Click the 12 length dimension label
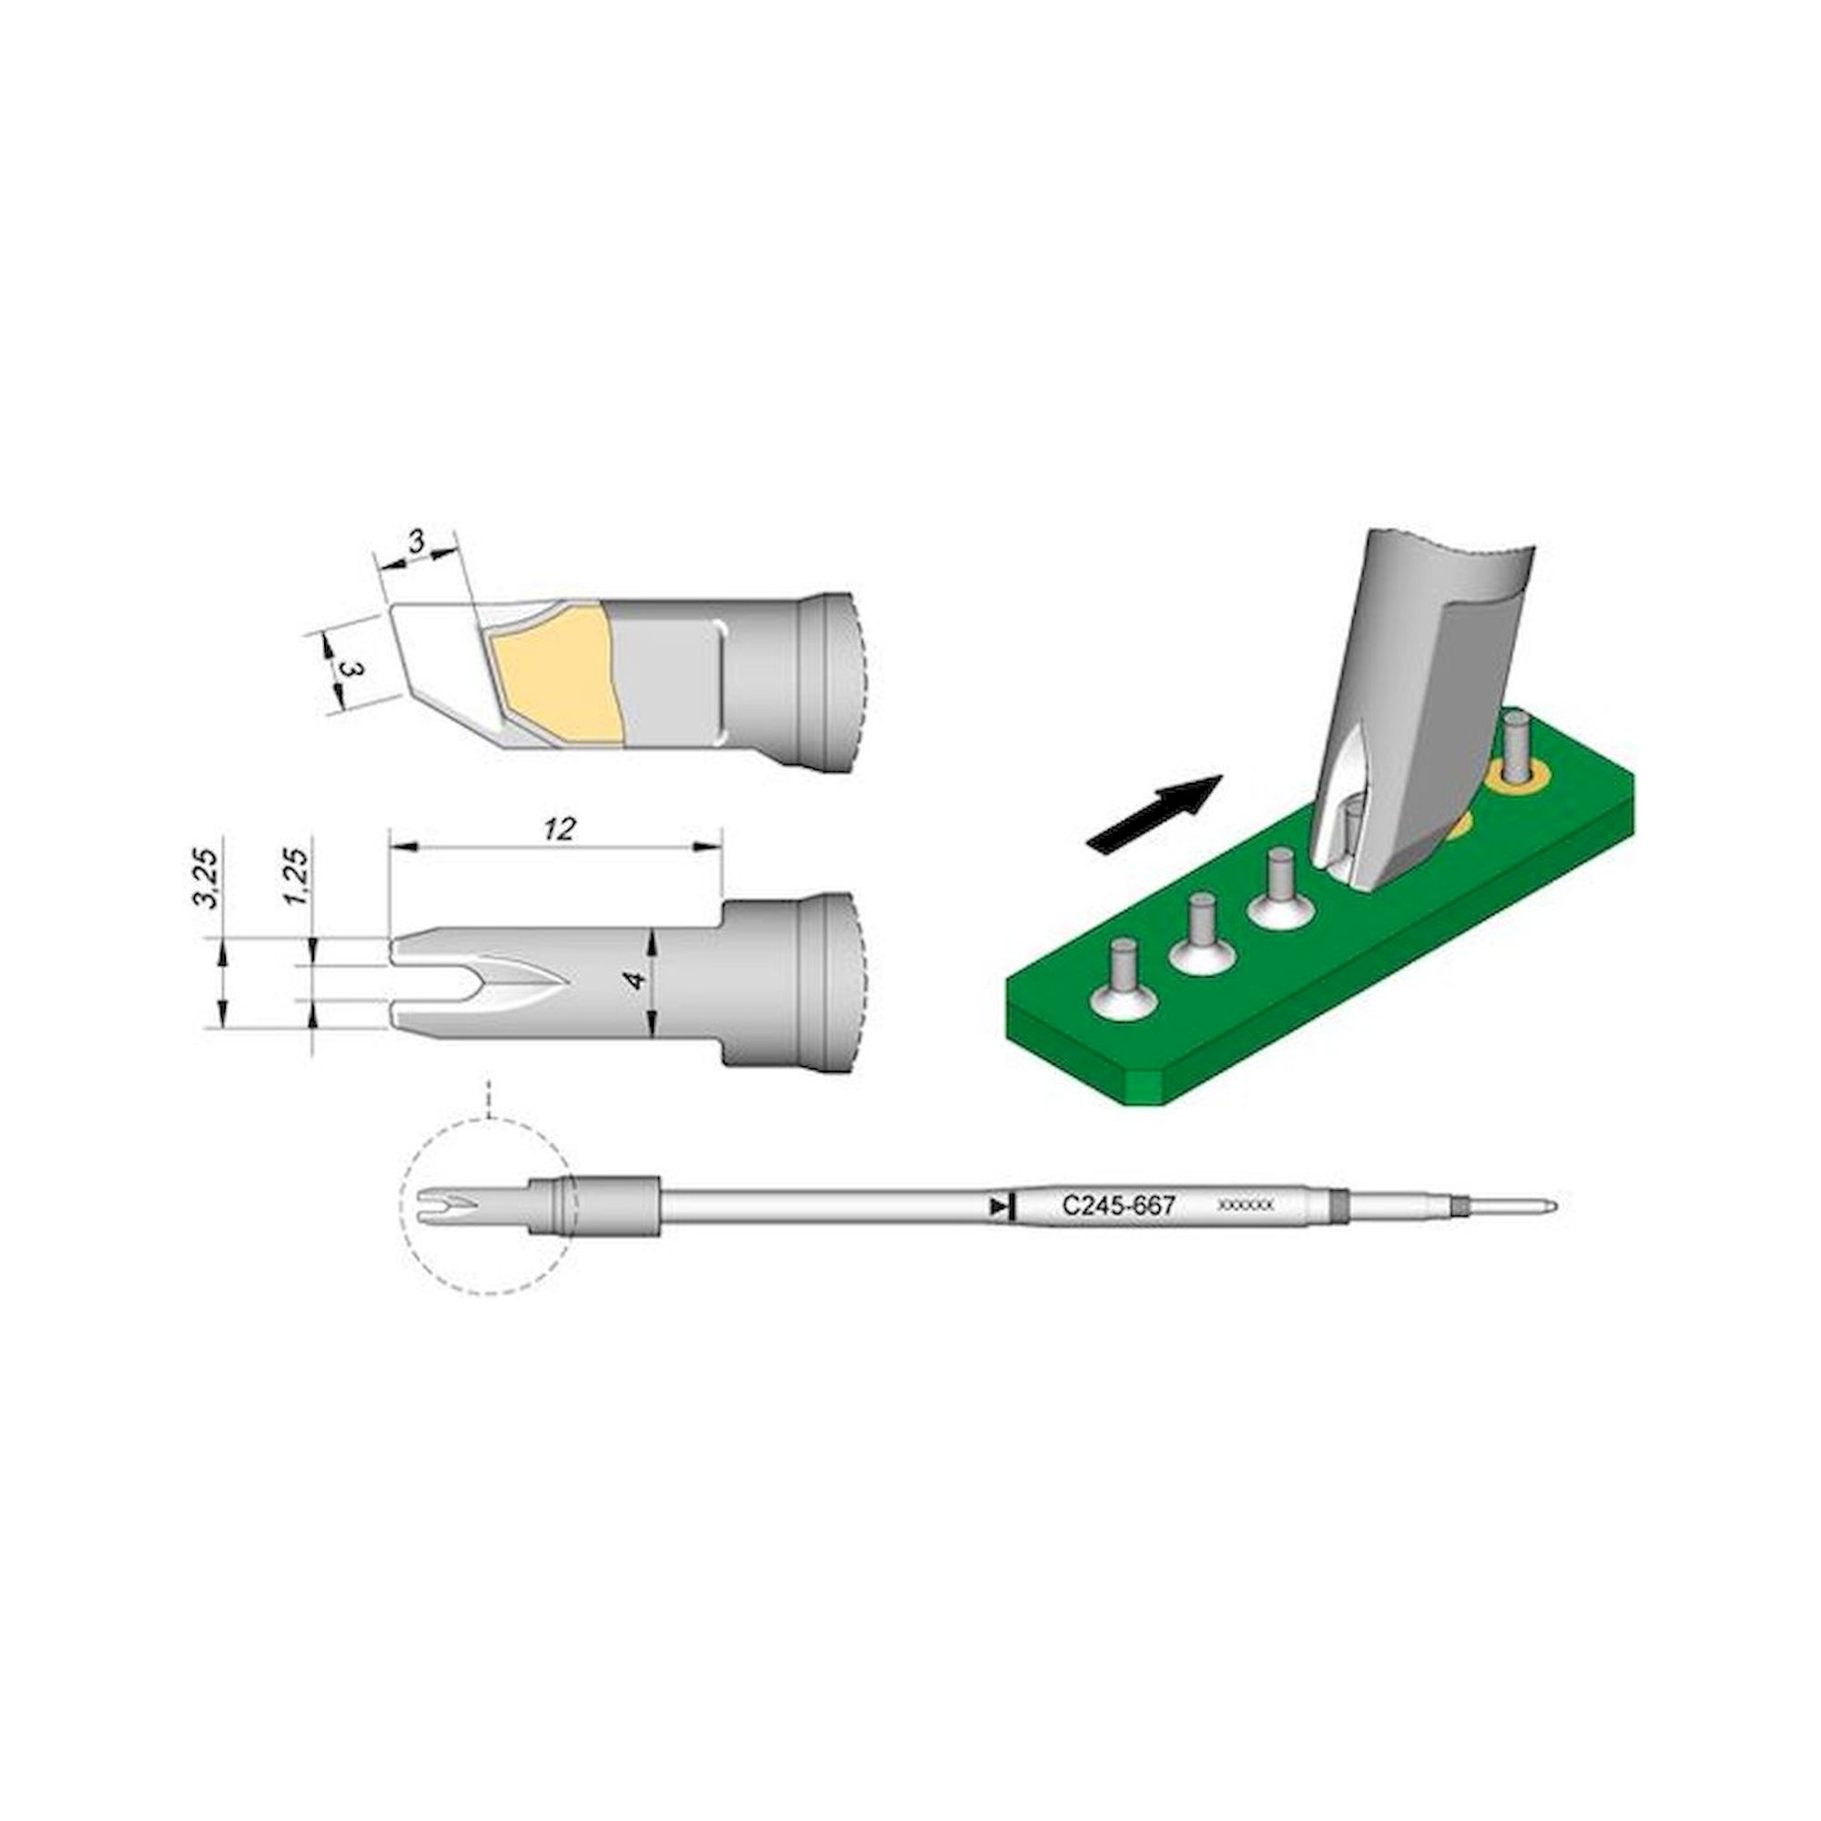[560, 829]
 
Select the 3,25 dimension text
[210, 878]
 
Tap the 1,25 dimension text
[297, 878]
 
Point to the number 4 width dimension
[638, 982]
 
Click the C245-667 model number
[1118, 1206]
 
